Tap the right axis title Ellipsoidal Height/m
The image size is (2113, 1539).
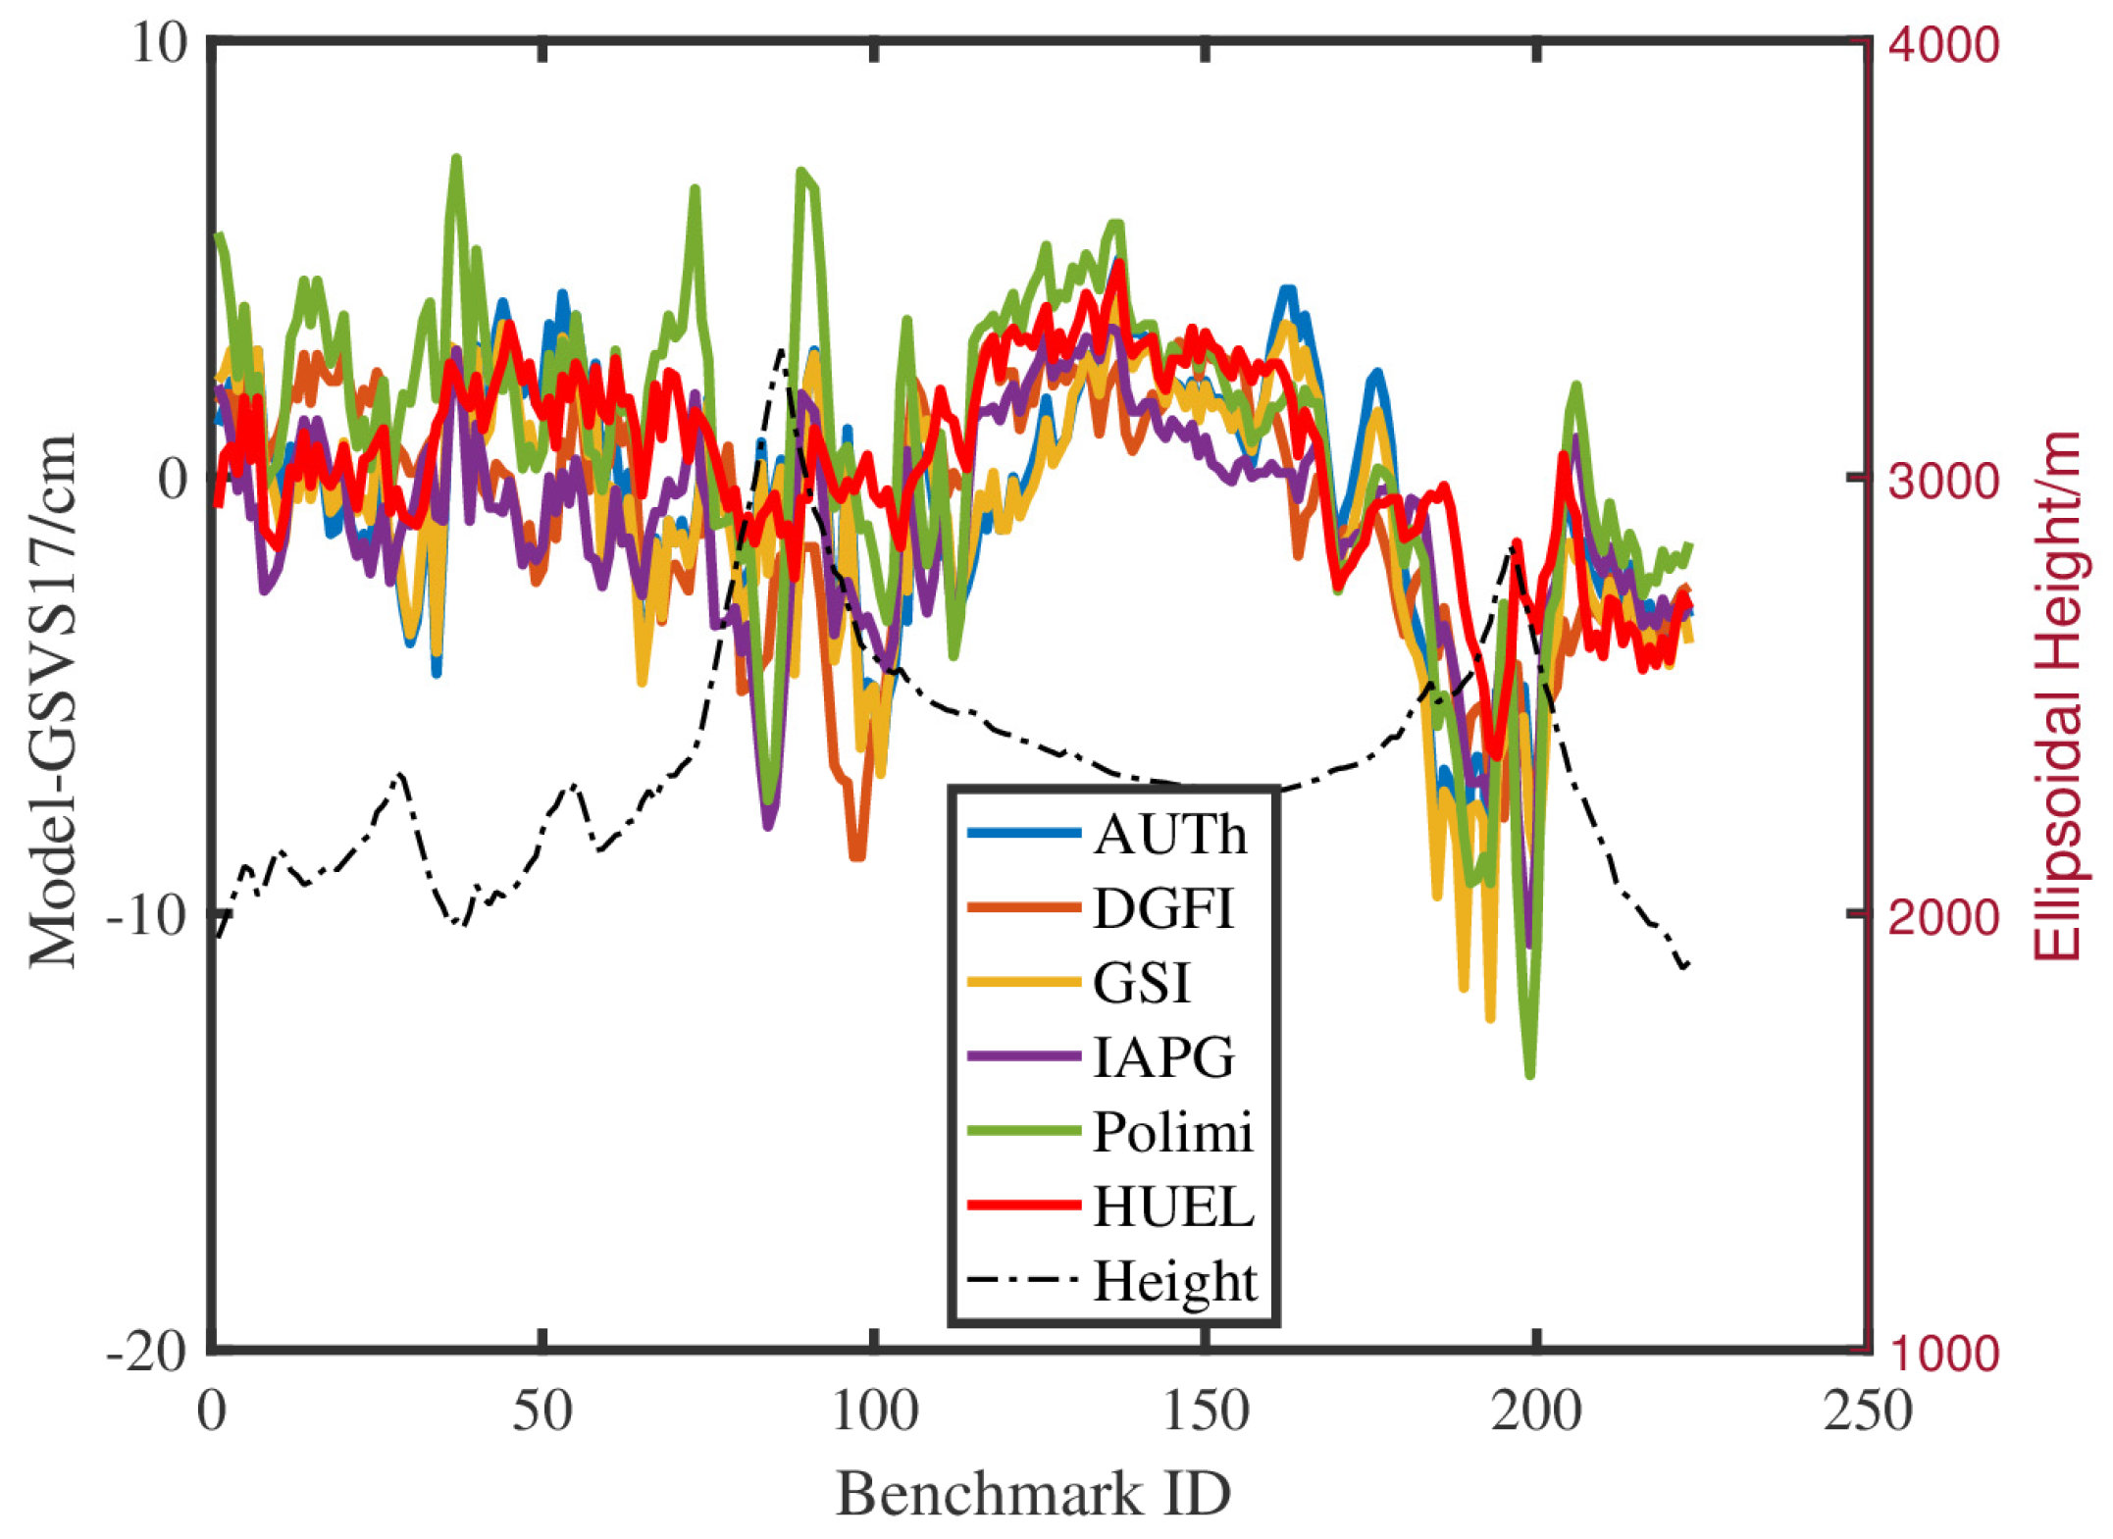[x=2058, y=696]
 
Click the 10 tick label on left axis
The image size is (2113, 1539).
[x=159, y=44]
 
